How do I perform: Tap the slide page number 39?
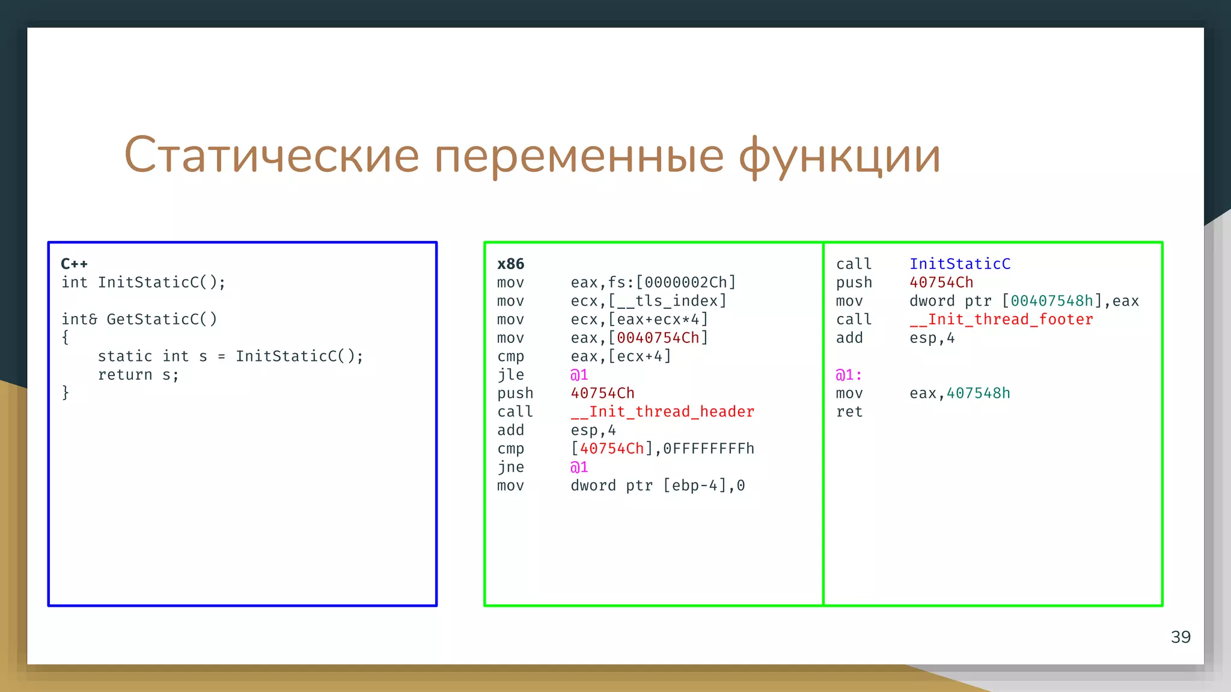tap(1181, 637)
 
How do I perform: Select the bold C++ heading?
tap(75, 264)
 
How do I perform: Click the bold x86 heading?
tap(510, 264)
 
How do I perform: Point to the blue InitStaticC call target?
tap(960, 264)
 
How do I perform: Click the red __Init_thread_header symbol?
tap(662, 411)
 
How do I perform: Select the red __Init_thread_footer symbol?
tap(1001, 319)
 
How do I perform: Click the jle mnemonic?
tap(510, 375)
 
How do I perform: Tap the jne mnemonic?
tap(510, 467)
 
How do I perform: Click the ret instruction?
tap(849, 411)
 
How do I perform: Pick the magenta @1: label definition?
tap(849, 375)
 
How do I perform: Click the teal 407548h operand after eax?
tap(979, 393)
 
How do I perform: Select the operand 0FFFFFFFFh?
tap(709, 449)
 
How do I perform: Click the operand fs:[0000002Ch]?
tap(672, 282)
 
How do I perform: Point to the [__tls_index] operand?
tap(667, 300)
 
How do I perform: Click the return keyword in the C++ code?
tap(125, 375)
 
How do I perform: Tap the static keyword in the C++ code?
tap(125, 356)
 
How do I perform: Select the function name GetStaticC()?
tap(162, 319)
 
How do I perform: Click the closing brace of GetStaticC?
tap(66, 393)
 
